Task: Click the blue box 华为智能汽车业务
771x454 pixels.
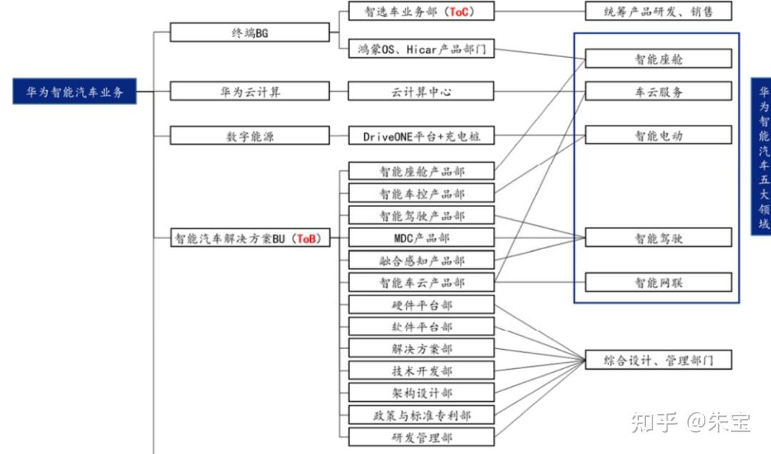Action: [75, 92]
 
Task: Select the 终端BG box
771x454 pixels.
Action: [250, 33]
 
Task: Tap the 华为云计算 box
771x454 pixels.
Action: [250, 92]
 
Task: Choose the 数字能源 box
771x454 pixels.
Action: [250, 136]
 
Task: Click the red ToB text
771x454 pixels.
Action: [308, 239]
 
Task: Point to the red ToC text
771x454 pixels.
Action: [460, 11]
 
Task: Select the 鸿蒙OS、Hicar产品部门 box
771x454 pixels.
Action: [421, 49]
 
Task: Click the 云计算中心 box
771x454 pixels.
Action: [421, 92]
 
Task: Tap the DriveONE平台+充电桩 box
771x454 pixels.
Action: [421, 136]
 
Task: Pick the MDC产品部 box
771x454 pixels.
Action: [421, 238]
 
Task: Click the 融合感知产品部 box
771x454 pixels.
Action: [421, 261]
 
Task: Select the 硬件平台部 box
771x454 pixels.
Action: [421, 305]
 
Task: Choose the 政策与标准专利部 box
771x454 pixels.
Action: [421, 415]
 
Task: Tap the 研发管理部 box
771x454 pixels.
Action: [421, 437]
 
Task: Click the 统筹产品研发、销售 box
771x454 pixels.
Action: [658, 11]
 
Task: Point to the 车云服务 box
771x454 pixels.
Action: [658, 92]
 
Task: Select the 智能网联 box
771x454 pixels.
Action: [658, 282]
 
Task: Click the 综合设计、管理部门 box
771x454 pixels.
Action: [658, 360]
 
